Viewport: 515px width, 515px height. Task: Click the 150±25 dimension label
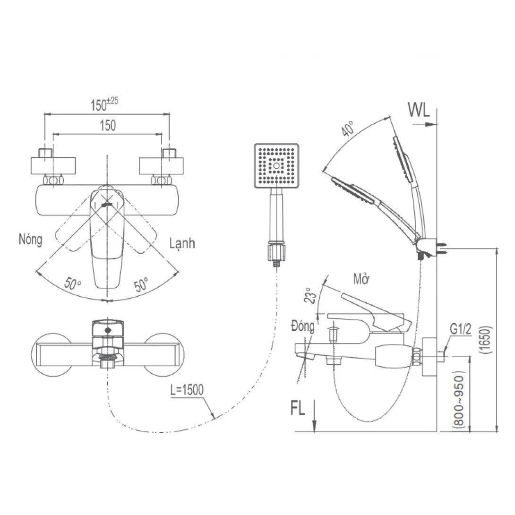pyautogui.click(x=104, y=104)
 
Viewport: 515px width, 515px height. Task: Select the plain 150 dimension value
pyautogui.click(x=107, y=126)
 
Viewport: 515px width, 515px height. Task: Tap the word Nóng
pyautogui.click(x=31, y=240)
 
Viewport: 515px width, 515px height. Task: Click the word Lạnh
pyautogui.click(x=182, y=243)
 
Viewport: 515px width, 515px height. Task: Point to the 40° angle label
pyautogui.click(x=348, y=129)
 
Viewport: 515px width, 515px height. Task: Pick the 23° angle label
pyautogui.click(x=309, y=295)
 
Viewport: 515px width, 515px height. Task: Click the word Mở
pyautogui.click(x=361, y=278)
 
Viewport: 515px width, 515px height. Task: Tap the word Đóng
pyautogui.click(x=303, y=327)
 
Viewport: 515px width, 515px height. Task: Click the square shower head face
pyautogui.click(x=276, y=166)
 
